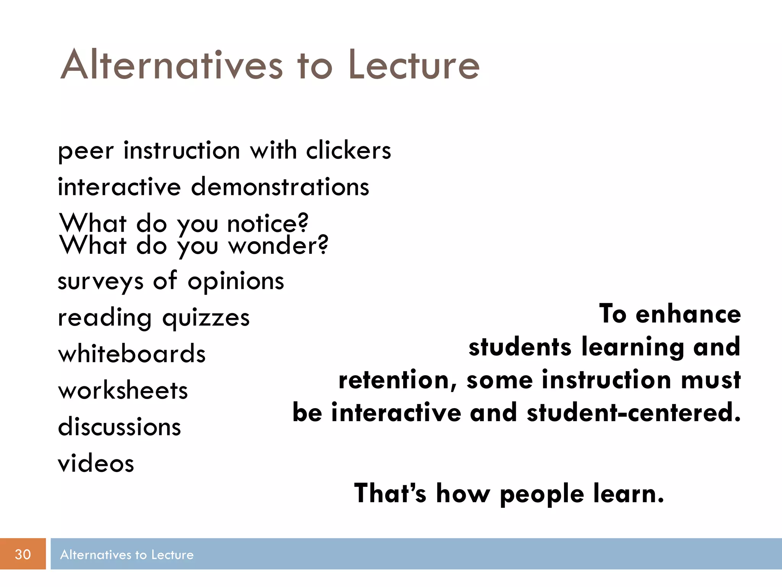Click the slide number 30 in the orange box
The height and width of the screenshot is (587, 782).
tap(23, 554)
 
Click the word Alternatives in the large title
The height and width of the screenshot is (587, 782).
tap(172, 66)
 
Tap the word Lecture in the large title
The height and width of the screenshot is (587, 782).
tap(414, 66)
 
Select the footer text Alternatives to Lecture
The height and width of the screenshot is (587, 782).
tap(127, 555)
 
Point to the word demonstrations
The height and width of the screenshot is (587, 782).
tap(280, 187)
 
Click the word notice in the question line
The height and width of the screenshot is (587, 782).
tap(267, 223)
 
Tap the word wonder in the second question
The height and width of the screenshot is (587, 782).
tap(278, 245)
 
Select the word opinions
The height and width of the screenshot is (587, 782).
tap(236, 281)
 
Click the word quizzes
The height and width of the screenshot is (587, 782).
tap(206, 318)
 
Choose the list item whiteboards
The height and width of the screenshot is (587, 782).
tap(132, 354)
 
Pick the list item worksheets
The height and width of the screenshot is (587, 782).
tap(123, 391)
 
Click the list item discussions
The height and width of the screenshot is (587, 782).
tap(119, 427)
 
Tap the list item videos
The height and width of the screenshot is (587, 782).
tap(96, 464)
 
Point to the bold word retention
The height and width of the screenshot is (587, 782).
tap(397, 381)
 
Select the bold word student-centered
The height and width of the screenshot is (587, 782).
tap(634, 413)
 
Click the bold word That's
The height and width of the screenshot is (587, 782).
tap(390, 493)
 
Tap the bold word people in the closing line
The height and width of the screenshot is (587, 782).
tap(541, 494)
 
